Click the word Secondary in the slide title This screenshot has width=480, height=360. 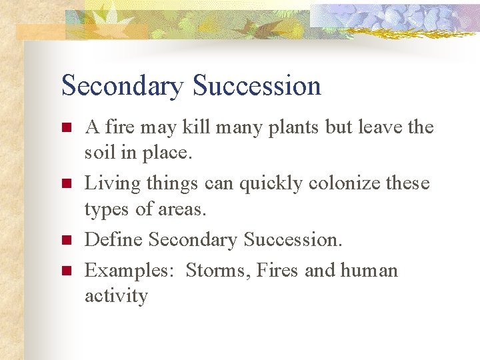[121, 86]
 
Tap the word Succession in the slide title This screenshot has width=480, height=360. [257, 86]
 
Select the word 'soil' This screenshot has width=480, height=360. [98, 153]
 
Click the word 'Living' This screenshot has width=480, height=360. [108, 183]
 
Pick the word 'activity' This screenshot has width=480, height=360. [116, 295]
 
